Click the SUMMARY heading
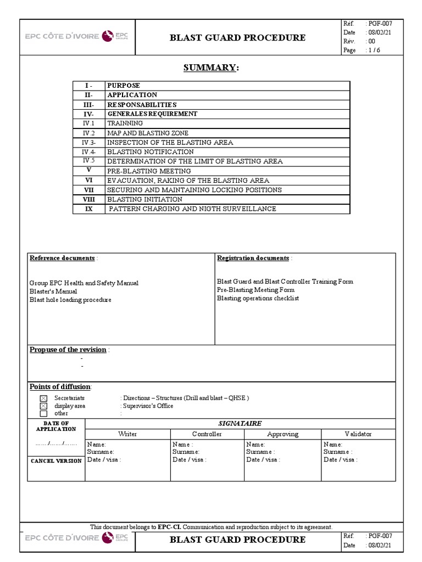211,68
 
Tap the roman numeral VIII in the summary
89,199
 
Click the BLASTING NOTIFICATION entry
150,151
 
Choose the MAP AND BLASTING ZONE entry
147,133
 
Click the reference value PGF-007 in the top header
380,24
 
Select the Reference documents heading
62,258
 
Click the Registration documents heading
253,258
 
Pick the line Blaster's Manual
53,291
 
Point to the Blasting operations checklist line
258,298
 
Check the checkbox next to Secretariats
43,398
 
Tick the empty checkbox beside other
43,413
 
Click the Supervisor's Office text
148,406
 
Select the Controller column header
207,434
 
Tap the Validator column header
358,434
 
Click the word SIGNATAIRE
240,423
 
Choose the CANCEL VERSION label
56,461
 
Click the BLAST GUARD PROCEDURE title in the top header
237,37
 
